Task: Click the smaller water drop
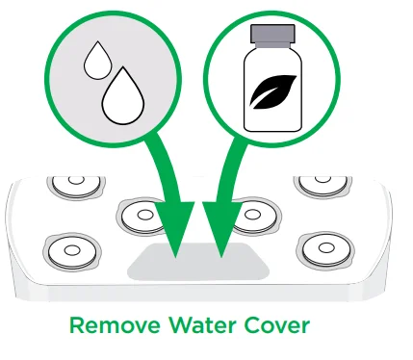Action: tap(96, 64)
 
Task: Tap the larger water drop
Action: tap(121, 97)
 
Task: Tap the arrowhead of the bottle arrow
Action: tap(222, 240)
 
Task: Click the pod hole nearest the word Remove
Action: tap(72, 251)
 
